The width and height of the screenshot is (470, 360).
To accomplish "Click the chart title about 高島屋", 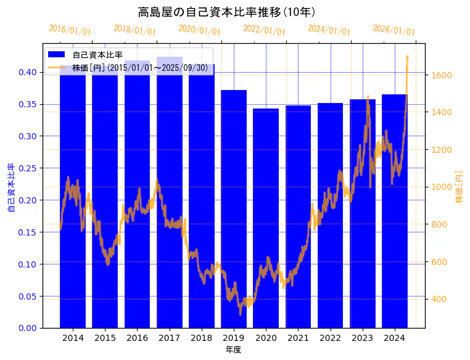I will coord(226,12).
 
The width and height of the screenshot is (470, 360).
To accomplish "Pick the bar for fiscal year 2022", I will coord(330,215).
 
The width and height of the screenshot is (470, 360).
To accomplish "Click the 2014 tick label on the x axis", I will coord(73,338).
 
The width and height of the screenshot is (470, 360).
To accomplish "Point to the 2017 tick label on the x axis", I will coord(169,338).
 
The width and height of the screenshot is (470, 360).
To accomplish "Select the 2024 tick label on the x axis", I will coord(394,338).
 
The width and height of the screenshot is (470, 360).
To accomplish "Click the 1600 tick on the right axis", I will coord(442,75).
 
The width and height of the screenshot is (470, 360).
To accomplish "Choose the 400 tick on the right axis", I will coord(439,300).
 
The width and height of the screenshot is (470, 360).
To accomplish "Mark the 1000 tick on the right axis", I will coord(442,187).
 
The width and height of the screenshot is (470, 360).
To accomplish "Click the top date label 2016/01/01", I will coord(70,30).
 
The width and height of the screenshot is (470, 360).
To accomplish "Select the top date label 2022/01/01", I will coord(264,30).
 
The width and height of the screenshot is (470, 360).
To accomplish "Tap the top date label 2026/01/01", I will coord(394,30).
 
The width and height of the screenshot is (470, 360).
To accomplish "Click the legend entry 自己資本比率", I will coord(97,55).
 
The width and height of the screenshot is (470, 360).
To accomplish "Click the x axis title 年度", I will coord(233,350).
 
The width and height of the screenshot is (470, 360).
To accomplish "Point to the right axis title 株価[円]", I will coord(459,187).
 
